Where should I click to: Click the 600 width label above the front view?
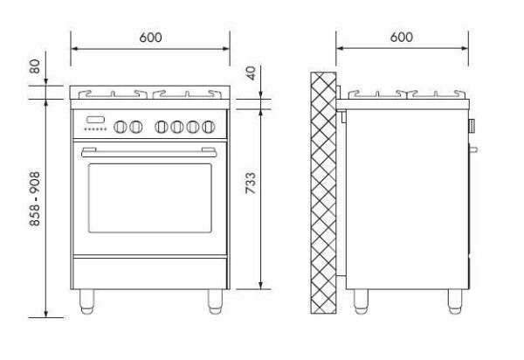tap(150, 37)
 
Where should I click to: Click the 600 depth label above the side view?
tap(402, 37)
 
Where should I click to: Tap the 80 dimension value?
tap(34, 66)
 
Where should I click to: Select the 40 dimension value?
tap(251, 73)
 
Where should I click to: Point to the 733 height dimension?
tap(251, 183)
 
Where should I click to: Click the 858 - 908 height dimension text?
tap(34, 199)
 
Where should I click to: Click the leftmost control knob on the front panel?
tap(121, 127)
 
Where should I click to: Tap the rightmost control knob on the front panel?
tap(208, 127)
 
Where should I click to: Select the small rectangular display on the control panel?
tap(95, 120)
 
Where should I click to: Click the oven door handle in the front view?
tap(149, 152)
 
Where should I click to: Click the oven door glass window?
tap(150, 197)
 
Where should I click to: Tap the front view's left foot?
tap(86, 301)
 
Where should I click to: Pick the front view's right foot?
tap(215, 301)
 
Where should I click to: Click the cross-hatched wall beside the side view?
tap(323, 193)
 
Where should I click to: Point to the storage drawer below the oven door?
tap(150, 273)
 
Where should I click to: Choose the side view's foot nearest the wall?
tap(361, 301)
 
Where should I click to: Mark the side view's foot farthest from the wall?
tap(455, 301)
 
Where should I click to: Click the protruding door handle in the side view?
tap(473, 149)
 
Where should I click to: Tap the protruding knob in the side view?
tap(472, 125)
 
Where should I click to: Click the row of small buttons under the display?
tap(95, 129)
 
